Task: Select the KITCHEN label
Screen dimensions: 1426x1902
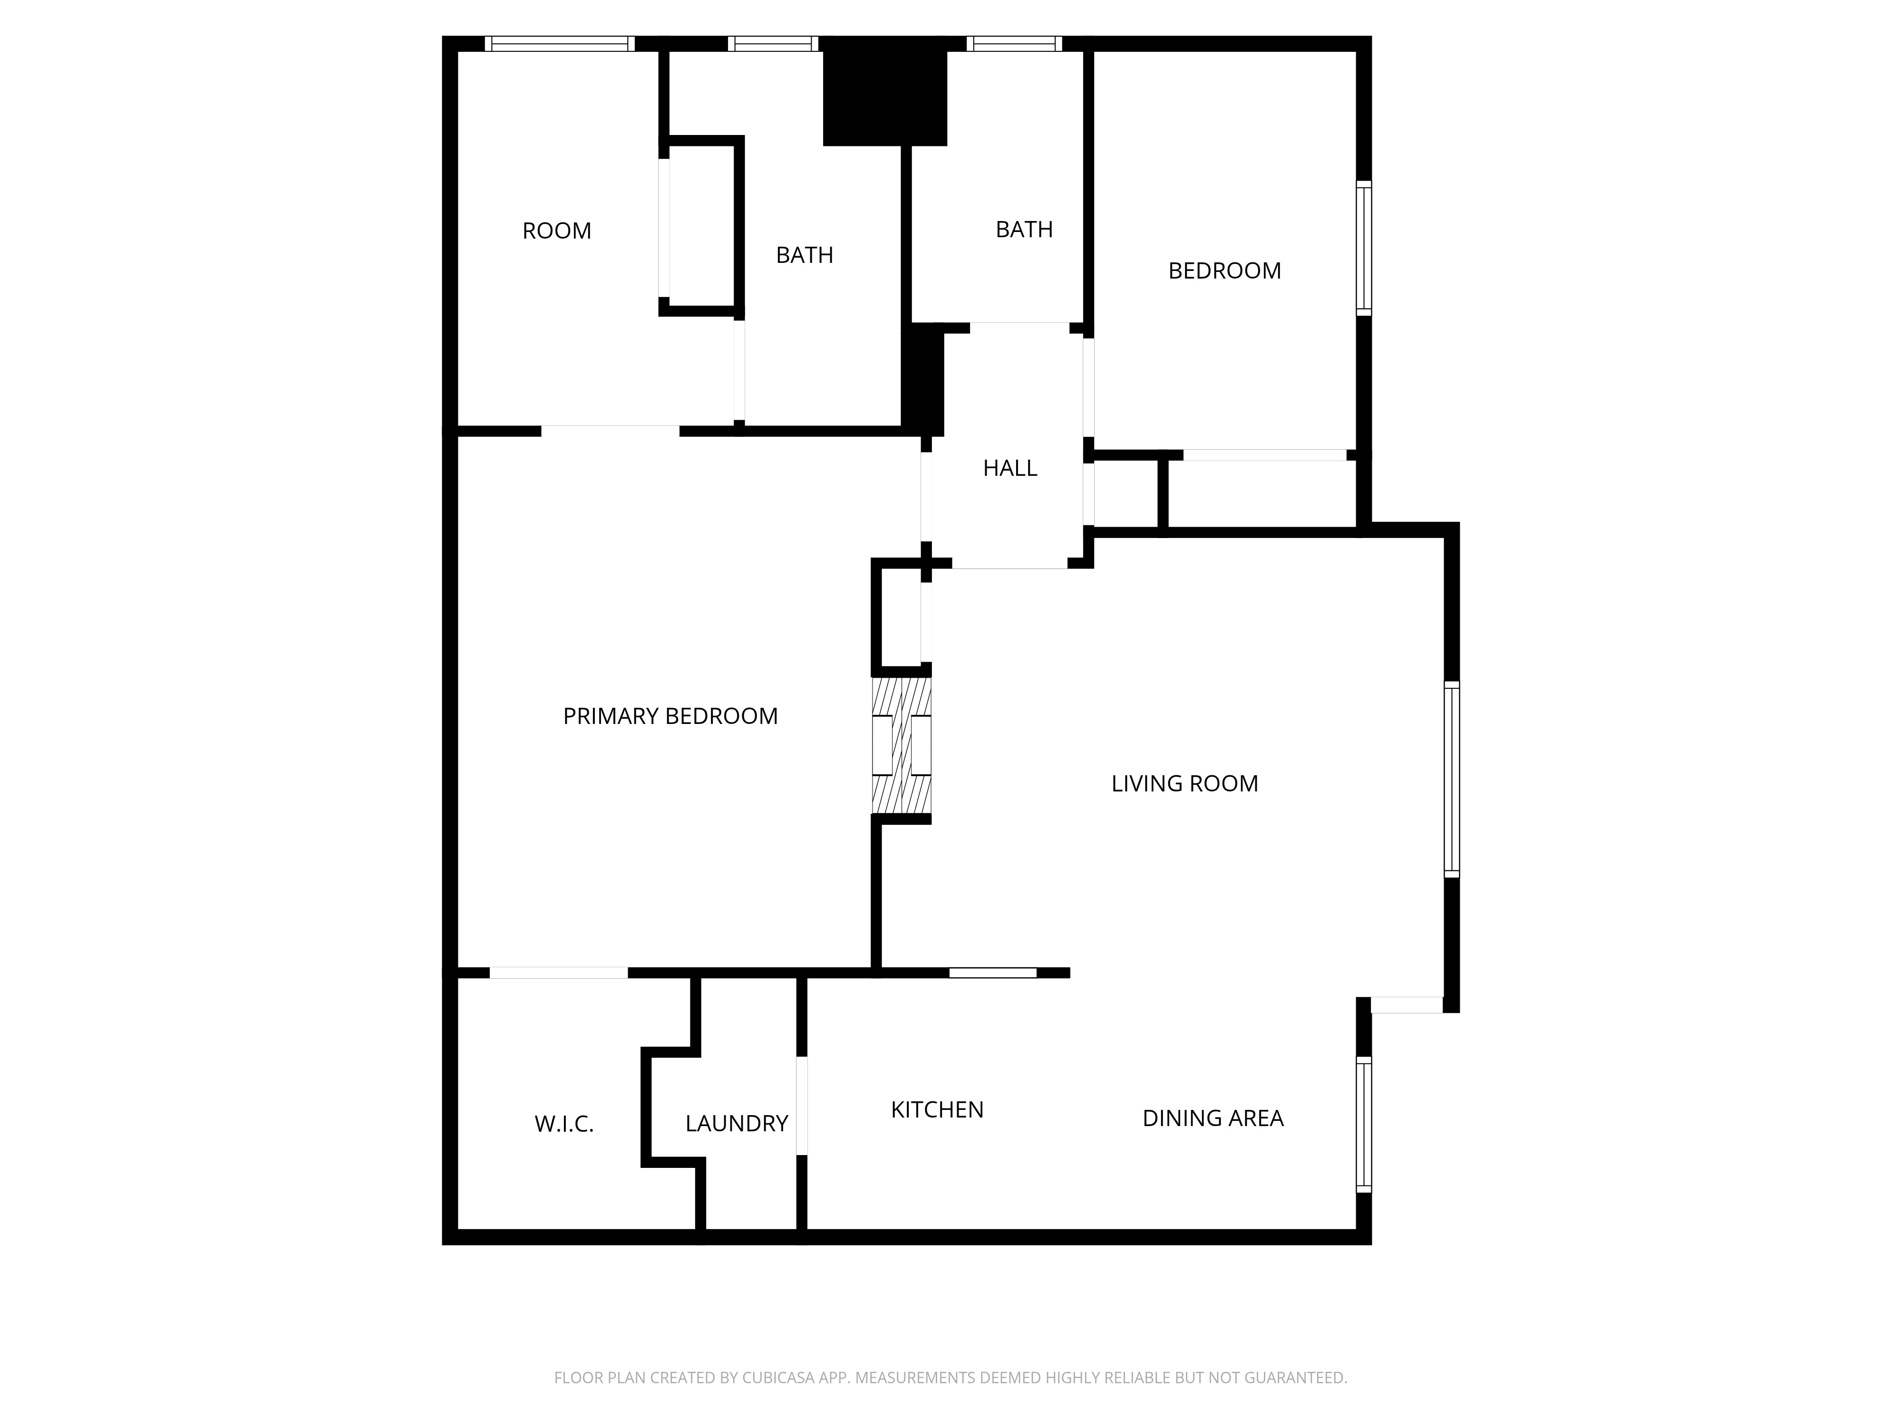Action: pos(936,1110)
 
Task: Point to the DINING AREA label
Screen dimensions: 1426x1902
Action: pos(1213,1118)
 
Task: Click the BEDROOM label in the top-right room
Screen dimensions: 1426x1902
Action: pos(1224,271)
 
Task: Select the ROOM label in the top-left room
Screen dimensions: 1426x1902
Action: pos(556,231)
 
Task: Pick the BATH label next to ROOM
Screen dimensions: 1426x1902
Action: pos(804,255)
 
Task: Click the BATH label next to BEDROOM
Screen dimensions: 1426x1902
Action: pos(1023,230)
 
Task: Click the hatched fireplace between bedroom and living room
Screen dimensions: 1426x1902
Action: pos(901,745)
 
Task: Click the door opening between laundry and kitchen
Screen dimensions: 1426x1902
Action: pos(801,1105)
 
